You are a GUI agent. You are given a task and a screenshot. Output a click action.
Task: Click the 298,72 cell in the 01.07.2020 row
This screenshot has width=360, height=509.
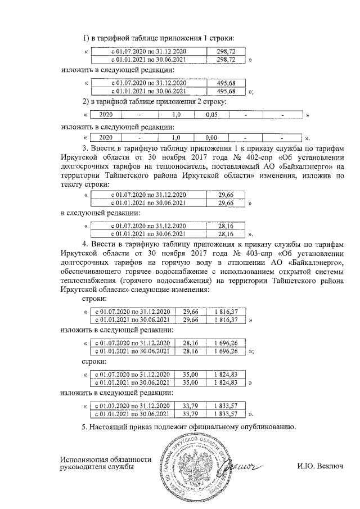coord(225,51)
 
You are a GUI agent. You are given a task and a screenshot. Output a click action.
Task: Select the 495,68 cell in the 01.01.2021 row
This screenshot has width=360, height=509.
coord(225,91)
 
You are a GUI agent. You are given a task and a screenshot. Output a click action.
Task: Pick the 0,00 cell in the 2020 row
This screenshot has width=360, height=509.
coord(211,137)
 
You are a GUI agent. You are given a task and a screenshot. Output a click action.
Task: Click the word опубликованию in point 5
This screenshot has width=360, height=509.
coord(264,427)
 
